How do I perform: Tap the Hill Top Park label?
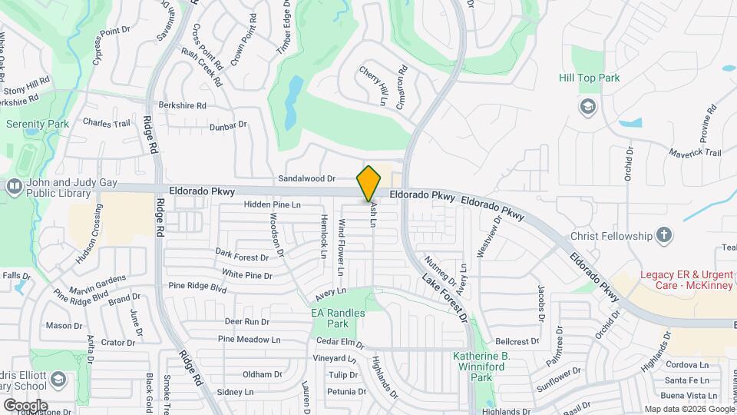(589, 78)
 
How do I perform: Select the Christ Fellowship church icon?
(664, 235)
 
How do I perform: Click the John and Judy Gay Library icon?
(14, 186)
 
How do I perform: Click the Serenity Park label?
(37, 123)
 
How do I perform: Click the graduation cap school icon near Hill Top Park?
(588, 106)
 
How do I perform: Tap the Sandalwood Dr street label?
(307, 178)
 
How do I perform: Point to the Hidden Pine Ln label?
(272, 205)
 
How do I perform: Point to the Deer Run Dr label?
(246, 322)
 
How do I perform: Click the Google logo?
(25, 405)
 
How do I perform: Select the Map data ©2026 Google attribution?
(688, 409)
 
